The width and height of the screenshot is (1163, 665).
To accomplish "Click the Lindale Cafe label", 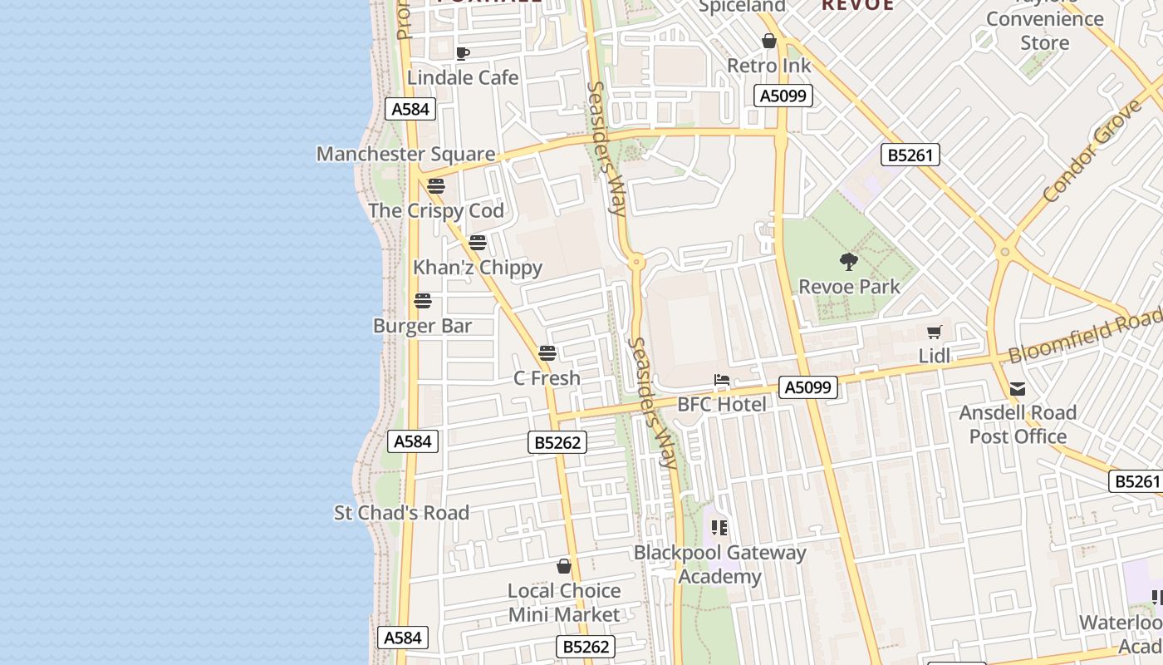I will pos(463,77).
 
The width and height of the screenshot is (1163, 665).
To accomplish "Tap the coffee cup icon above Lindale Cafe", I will pos(463,54).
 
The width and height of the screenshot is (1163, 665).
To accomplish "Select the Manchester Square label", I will pos(405,154).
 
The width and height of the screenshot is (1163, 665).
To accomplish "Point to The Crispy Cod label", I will pos(436,210).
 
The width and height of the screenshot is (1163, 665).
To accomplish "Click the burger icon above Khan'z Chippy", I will pos(478,243).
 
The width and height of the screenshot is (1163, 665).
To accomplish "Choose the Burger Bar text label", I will pos(422,326).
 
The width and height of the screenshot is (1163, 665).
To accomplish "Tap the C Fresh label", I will pos(547,378).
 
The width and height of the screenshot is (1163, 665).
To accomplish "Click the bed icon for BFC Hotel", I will pos(722,381).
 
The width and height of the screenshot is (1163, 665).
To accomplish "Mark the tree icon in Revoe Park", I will pos(848,263).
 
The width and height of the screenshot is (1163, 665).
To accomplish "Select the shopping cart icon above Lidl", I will pos(935,332).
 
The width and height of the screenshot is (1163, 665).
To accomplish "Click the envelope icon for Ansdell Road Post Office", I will pos(1018,389).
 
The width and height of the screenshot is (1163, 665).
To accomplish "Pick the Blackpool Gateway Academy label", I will pos(719,564).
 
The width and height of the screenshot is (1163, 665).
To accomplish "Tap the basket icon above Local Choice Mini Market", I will pos(564,567).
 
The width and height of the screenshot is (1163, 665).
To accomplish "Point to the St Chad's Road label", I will pos(401,513).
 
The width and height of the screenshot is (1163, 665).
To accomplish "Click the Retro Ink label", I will pos(769,65).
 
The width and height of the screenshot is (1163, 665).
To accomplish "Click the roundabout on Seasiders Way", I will pos(637,262).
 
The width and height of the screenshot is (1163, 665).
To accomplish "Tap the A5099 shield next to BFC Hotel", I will pos(808,387).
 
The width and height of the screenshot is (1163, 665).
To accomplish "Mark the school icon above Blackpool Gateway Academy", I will pos(719,527).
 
